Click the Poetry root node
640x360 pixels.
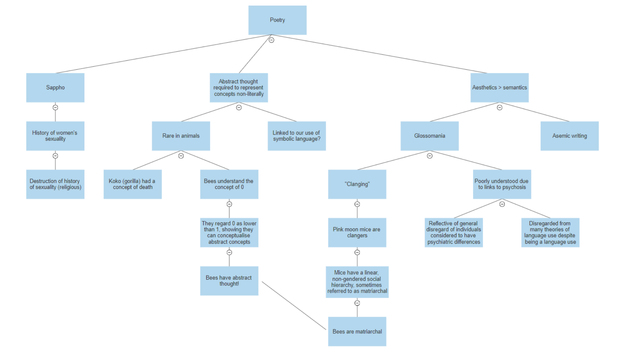[277, 20]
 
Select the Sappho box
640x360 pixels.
[55, 88]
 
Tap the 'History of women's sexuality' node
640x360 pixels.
[55, 136]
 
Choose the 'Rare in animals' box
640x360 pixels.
[181, 136]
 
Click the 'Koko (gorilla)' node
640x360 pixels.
[133, 184]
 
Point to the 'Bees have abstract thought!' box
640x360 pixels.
[229, 281]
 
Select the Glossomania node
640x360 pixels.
[430, 136]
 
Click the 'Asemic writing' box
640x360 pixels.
[569, 136]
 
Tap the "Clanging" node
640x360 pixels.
[357, 184]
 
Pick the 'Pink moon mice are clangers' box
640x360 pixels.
[357, 232]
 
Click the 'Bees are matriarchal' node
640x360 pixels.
[357, 331]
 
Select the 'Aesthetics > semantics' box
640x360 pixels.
[499, 88]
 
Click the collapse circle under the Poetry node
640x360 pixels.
[272, 40]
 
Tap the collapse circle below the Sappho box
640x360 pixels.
[55, 107]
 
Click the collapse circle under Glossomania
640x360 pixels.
[430, 156]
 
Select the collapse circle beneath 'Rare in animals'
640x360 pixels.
[181, 156]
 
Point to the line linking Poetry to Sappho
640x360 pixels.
[163, 54]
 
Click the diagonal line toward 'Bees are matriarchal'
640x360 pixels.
[293, 305]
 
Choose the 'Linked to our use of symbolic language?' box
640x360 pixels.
[297, 136]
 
